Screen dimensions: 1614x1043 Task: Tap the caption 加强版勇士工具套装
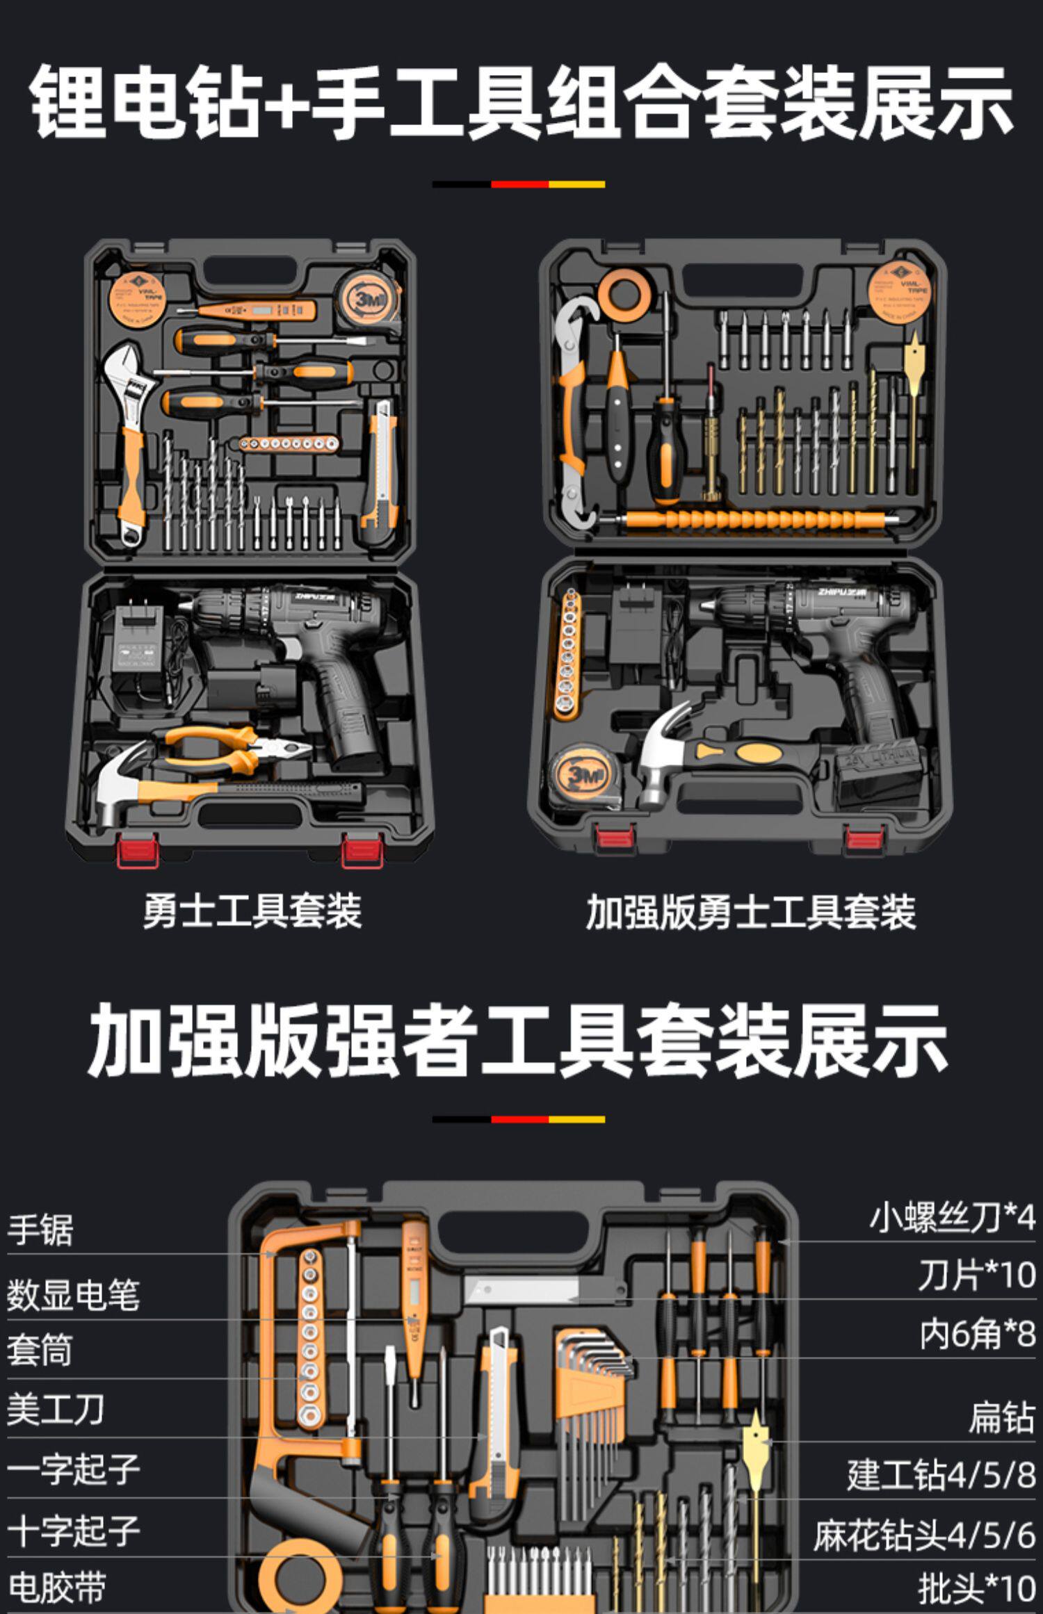coord(750,912)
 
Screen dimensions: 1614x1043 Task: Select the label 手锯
coord(40,1230)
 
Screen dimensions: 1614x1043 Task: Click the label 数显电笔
coord(73,1294)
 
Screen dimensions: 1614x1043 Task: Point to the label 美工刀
coord(55,1410)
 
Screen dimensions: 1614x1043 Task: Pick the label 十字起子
coord(73,1531)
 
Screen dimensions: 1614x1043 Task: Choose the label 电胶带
coord(56,1588)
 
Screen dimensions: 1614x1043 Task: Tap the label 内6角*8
coord(977,1334)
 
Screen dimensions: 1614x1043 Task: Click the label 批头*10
coord(976,1588)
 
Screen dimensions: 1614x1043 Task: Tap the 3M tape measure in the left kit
coord(367,299)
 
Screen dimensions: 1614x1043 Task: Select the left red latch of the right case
coord(615,837)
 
